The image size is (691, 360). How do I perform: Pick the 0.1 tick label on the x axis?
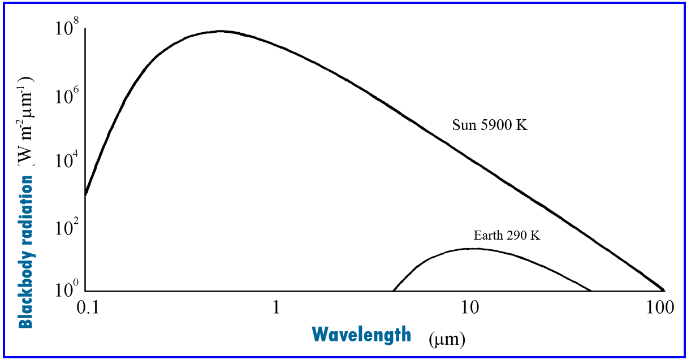[86, 308]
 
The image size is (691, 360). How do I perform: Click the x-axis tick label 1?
[277, 308]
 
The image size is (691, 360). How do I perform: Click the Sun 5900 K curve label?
[490, 125]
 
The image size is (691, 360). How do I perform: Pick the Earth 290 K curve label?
[507, 236]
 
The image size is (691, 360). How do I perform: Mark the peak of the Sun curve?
[221, 31]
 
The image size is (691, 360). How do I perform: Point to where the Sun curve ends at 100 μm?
[663, 289]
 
